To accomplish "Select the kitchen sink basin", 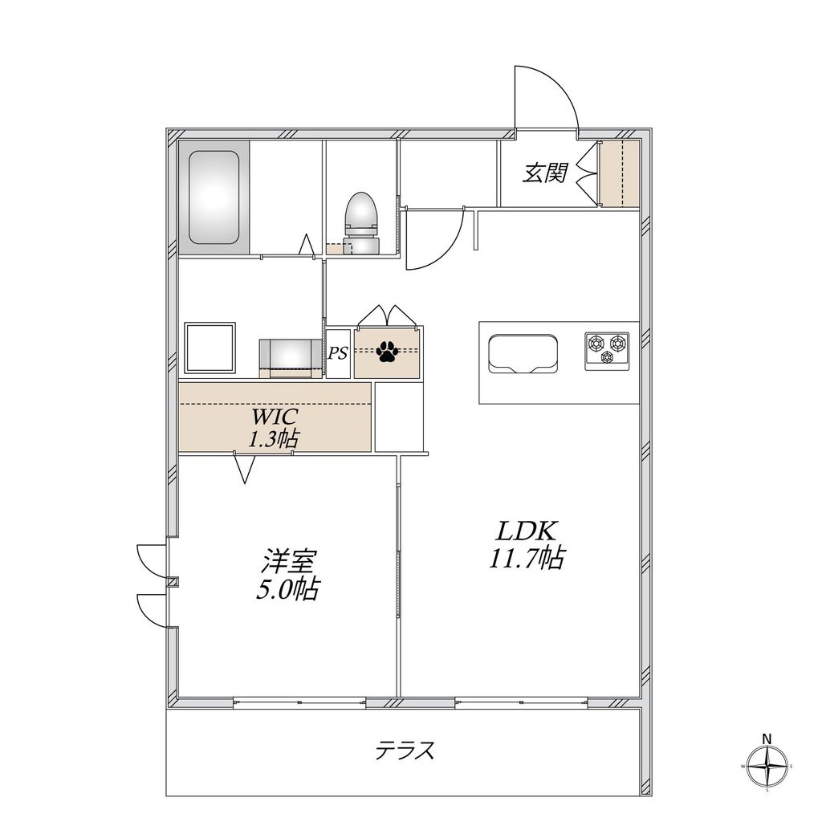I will click(x=523, y=354).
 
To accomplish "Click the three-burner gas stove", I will click(x=606, y=351).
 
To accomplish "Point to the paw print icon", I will click(x=389, y=351).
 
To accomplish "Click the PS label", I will click(x=338, y=352).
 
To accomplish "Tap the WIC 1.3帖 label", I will click(x=275, y=428).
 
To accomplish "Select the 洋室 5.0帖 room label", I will click(x=287, y=574).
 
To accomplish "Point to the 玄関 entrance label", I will click(x=546, y=173).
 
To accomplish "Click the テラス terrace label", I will click(x=405, y=751).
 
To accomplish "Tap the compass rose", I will click(x=767, y=766).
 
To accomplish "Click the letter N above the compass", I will click(x=767, y=739).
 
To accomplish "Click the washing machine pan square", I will click(x=210, y=348).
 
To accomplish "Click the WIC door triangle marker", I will click(x=246, y=469).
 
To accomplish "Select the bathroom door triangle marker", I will click(x=306, y=245).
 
